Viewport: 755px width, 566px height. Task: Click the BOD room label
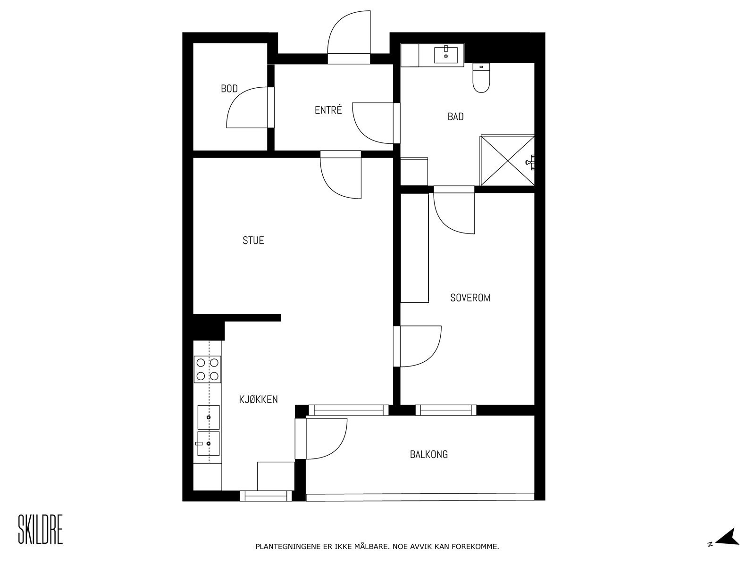[x=229, y=89]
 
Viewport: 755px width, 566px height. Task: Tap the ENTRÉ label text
[x=328, y=110]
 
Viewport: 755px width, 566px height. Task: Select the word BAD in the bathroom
[x=455, y=117]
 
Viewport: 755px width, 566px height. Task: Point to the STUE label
[x=253, y=241]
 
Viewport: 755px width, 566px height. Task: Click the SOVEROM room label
[x=470, y=298]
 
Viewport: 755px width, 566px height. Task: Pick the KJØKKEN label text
[x=258, y=400]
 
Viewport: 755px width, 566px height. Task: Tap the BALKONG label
[x=428, y=455]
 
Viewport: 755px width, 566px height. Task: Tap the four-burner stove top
[x=208, y=369]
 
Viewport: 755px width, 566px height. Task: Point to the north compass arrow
[x=728, y=537]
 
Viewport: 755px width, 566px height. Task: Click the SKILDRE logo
[x=40, y=529]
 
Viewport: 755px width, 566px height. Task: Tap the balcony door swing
[x=326, y=439]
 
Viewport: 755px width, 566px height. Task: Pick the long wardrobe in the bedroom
[x=414, y=248]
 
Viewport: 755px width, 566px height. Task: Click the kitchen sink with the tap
[x=208, y=444]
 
